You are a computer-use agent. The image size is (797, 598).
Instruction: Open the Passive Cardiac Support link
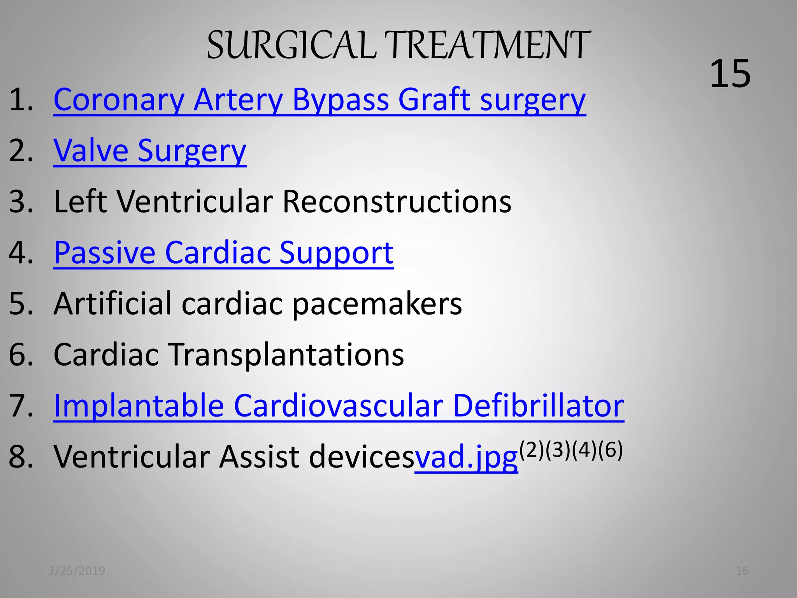click(x=223, y=253)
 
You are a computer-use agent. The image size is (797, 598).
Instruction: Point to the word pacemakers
click(x=377, y=304)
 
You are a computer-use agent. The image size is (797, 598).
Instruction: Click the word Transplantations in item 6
click(x=287, y=355)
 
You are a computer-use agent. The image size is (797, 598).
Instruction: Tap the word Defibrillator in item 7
click(x=538, y=406)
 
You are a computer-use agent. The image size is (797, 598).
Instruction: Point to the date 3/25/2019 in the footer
click(x=77, y=571)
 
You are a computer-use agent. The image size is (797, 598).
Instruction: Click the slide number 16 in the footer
click(x=742, y=571)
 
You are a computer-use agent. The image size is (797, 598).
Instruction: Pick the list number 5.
click(x=21, y=304)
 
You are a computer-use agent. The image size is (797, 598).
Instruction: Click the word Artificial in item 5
click(x=112, y=304)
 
